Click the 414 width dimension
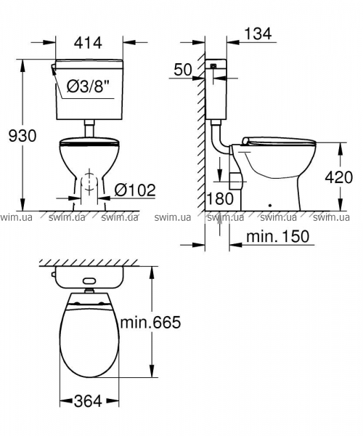click(89, 43)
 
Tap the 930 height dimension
click(23, 136)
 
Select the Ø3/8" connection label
click(86, 86)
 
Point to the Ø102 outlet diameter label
click(135, 190)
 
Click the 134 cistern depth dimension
click(258, 33)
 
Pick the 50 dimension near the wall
click(182, 70)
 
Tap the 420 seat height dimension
click(339, 177)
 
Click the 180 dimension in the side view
click(220, 199)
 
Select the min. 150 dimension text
click(277, 236)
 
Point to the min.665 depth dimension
click(150, 323)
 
